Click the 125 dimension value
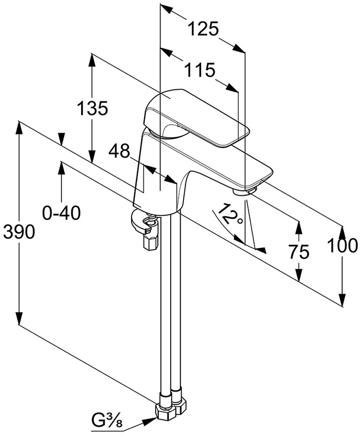(x=203, y=29)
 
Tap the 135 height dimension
(x=91, y=108)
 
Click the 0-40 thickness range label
(x=61, y=212)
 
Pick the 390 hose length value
(x=19, y=232)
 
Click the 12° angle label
(x=231, y=216)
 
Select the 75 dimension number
(x=298, y=252)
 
